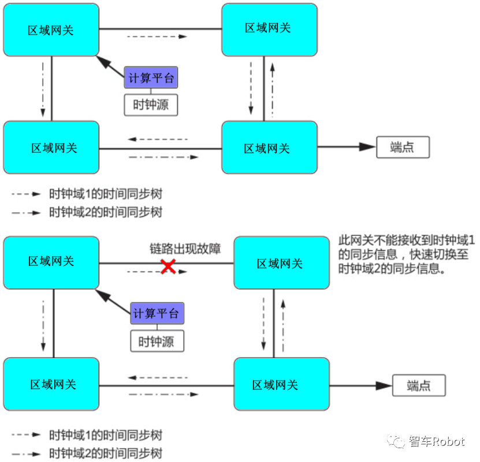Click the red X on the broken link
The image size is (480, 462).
click(x=168, y=266)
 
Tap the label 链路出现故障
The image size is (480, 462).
click(x=185, y=249)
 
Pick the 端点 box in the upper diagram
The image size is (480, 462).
click(x=403, y=148)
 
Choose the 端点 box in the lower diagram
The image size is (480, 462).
click(x=419, y=385)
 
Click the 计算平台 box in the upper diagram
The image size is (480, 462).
click(x=151, y=77)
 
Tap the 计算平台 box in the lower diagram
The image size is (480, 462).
click(x=157, y=314)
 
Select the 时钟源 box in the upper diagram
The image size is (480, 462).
click(x=151, y=104)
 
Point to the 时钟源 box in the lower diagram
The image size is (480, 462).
click(x=157, y=341)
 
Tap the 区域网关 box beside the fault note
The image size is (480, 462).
click(x=281, y=264)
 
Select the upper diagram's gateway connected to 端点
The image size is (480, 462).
click(x=269, y=148)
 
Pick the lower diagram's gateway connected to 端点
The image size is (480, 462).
click(x=281, y=385)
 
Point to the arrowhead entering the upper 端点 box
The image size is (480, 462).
click(x=368, y=148)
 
